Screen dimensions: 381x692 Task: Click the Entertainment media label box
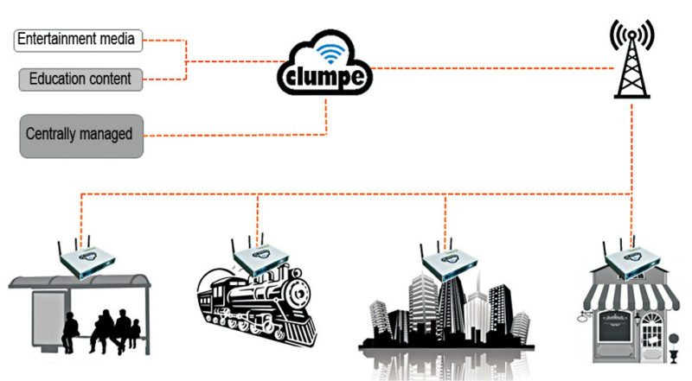coord(78,40)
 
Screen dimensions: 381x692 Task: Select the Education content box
coord(80,79)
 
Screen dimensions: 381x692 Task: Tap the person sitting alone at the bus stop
coord(71,329)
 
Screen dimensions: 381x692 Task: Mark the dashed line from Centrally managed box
coord(234,135)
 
